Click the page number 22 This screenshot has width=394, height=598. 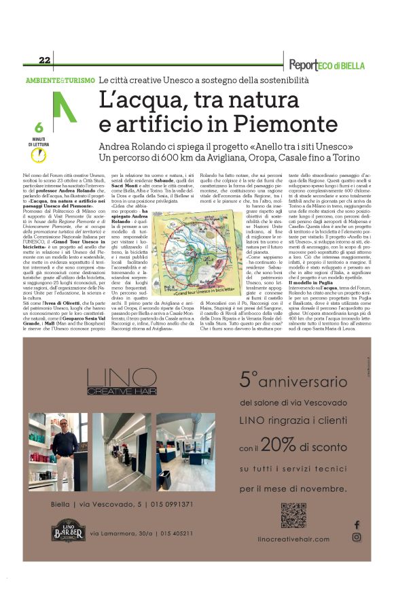point(45,60)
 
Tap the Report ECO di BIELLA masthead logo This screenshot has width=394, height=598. point(325,65)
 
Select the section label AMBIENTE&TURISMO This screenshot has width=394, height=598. point(60,80)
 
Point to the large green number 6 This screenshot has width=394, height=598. point(39,127)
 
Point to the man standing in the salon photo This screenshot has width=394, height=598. point(65,442)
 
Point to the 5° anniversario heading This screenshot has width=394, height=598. point(293,379)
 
